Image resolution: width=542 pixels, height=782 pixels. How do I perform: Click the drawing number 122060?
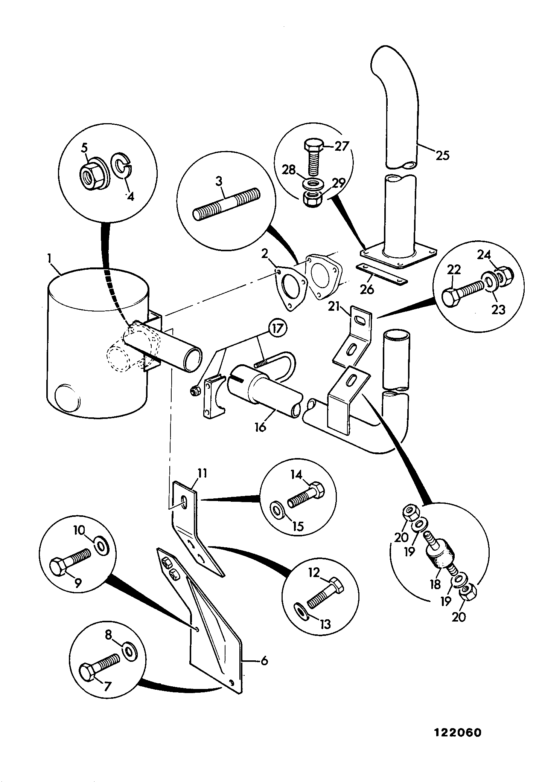point(458,733)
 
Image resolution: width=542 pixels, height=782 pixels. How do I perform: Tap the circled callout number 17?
point(278,328)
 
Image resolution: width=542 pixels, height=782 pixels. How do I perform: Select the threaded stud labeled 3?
point(227,204)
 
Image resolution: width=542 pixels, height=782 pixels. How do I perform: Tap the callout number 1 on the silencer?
point(49,259)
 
